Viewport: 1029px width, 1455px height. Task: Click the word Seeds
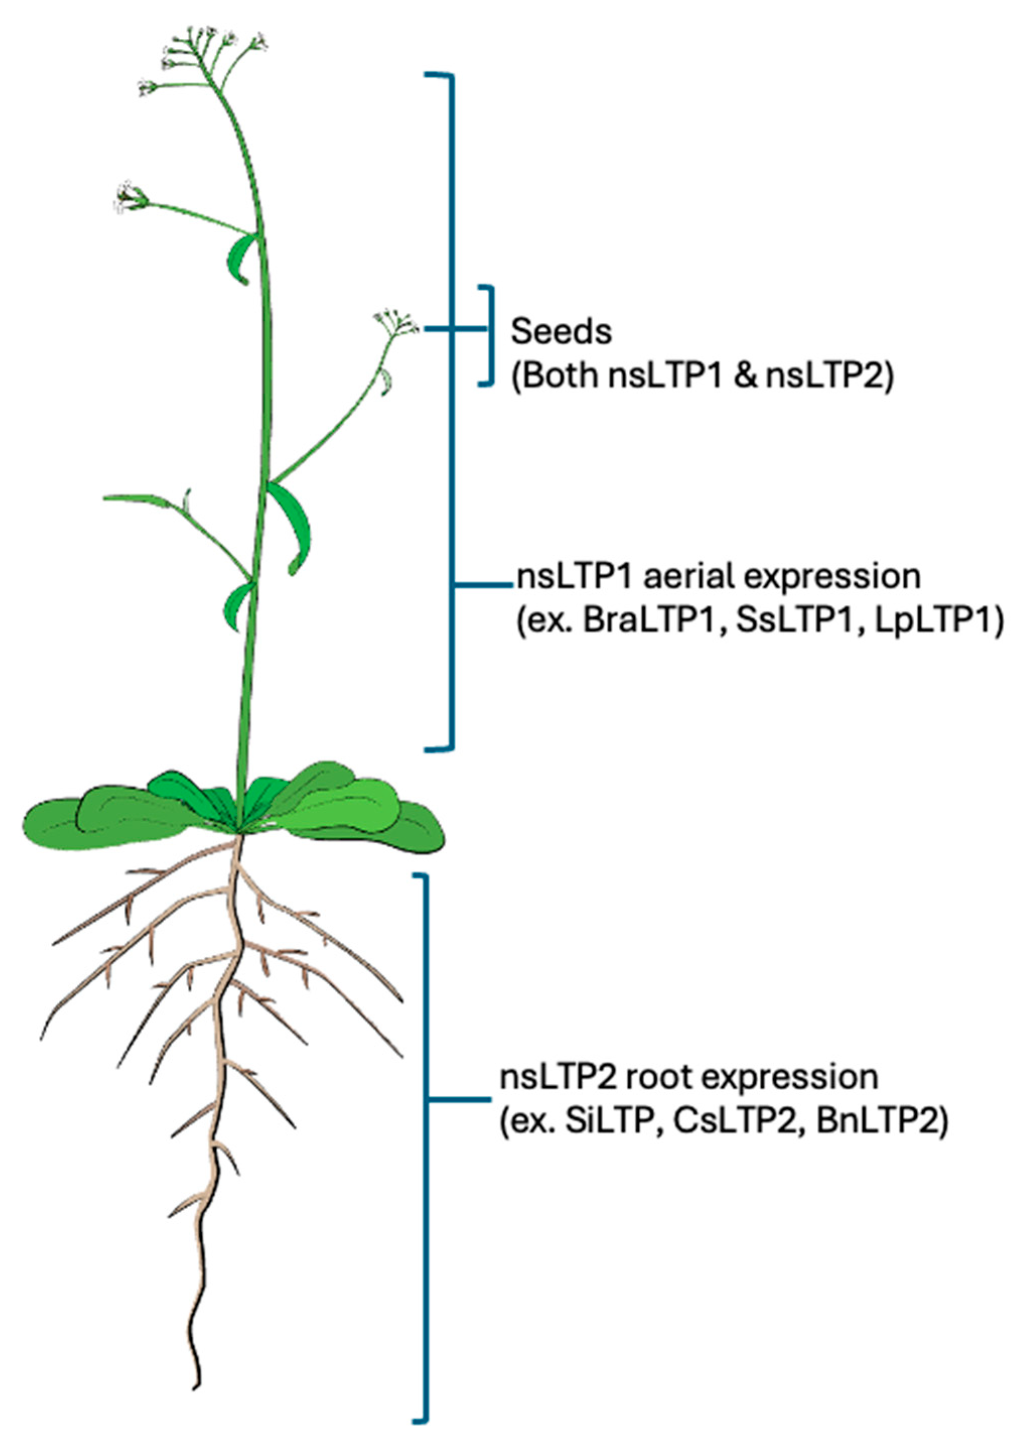coord(561,332)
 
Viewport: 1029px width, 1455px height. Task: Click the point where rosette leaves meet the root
coord(240,831)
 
